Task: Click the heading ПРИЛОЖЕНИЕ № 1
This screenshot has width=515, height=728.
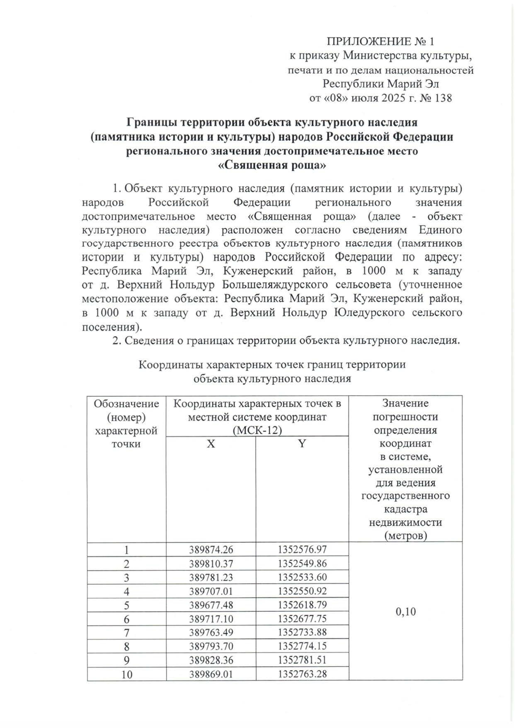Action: click(380, 42)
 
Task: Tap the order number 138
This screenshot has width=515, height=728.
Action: click(443, 98)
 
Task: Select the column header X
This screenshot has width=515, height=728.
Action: click(210, 444)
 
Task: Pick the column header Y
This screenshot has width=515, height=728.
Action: click(302, 444)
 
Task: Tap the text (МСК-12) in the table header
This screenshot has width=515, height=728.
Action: click(257, 431)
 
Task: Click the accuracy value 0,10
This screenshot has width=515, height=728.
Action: click(405, 612)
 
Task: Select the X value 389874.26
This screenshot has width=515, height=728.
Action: click(211, 549)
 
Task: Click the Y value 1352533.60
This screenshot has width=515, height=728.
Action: click(302, 577)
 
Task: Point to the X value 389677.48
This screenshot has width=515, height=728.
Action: click(211, 605)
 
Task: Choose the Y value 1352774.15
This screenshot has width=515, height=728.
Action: click(302, 646)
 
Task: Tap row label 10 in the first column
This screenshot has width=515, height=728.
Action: click(127, 674)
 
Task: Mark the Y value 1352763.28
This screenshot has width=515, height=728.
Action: click(302, 673)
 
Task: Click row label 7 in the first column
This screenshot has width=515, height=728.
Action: click(127, 633)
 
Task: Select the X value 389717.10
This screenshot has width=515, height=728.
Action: click(211, 618)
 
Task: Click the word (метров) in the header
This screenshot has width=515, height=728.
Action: click(405, 536)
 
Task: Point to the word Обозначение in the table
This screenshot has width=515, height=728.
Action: click(127, 404)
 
